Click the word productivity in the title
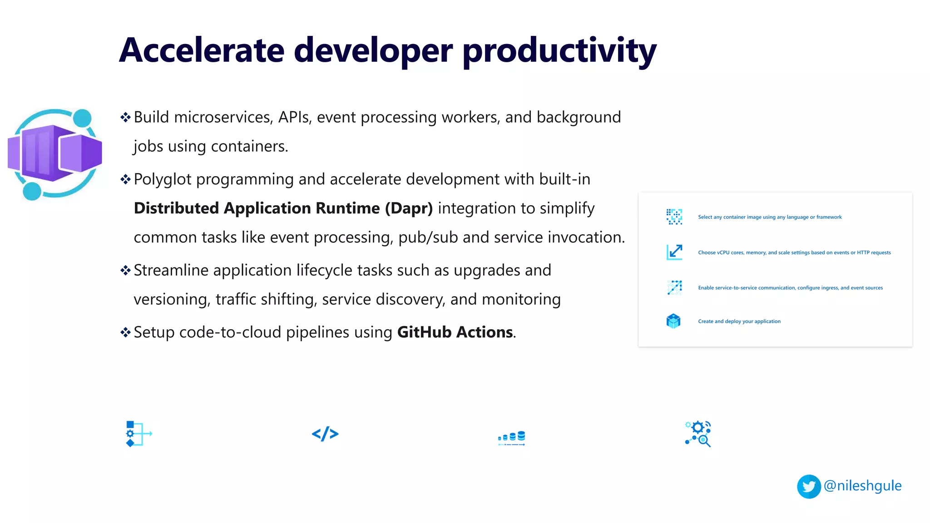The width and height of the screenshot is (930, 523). coord(559,50)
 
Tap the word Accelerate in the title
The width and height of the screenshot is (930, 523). coord(202,50)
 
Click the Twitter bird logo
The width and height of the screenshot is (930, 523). coord(809,487)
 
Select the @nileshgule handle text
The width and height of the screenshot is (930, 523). coord(862,486)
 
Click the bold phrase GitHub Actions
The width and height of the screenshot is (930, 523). coord(455,332)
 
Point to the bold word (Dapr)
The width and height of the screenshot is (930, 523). coord(409,208)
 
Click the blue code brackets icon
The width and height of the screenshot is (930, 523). coord(325,434)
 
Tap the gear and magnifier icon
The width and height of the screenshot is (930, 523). coord(698,434)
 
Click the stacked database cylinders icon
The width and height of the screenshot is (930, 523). coord(512,438)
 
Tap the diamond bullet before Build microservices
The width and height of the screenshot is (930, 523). coord(125,118)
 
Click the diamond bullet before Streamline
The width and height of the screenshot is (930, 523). coord(125,271)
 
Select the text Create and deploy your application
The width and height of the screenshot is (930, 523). coord(739,321)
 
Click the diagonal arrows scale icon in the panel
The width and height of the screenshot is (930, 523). coord(674,252)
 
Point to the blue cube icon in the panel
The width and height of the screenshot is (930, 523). coord(673,321)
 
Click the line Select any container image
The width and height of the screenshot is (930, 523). coord(770,217)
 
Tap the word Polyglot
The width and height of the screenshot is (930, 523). coord(163,180)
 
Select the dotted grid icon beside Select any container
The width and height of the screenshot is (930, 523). coord(674,217)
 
